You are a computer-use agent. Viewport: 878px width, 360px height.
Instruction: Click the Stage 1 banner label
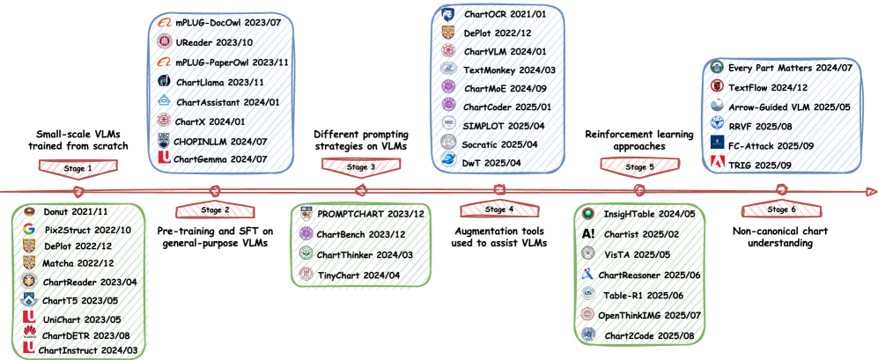tap(77, 165)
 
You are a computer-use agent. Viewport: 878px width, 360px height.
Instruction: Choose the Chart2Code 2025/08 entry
tap(641, 334)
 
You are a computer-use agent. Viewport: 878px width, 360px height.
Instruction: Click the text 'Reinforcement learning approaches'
tap(637, 141)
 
